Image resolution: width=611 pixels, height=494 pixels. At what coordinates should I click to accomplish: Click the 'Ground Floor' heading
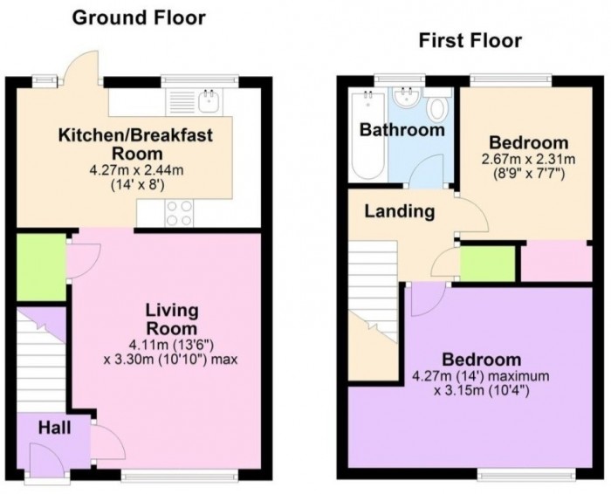pyautogui.click(x=139, y=17)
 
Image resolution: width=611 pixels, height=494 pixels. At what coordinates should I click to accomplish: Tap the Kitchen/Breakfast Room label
pyautogui.click(x=134, y=143)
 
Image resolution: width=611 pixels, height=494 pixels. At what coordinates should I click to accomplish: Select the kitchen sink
pyautogui.click(x=208, y=101)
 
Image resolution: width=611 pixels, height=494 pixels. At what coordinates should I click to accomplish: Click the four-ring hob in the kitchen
pyautogui.click(x=179, y=212)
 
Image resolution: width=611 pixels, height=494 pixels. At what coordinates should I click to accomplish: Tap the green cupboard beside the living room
pyautogui.click(x=38, y=267)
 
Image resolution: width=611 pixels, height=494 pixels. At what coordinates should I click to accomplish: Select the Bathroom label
pyautogui.click(x=402, y=130)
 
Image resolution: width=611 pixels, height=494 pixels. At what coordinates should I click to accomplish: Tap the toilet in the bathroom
pyautogui.click(x=439, y=112)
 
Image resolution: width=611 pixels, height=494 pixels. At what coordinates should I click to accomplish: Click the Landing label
pyautogui.click(x=399, y=211)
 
